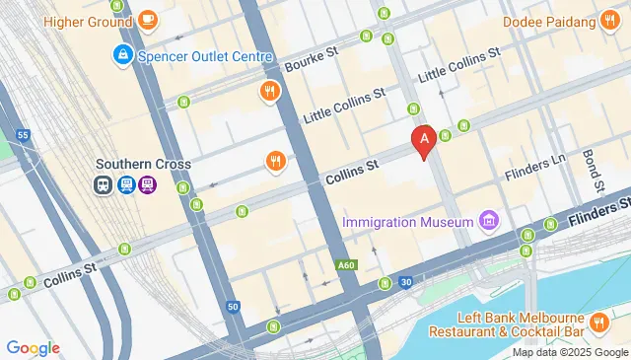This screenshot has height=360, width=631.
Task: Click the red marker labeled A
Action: pyautogui.click(x=425, y=142)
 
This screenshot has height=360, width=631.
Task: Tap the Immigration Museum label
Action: pyautogui.click(x=408, y=222)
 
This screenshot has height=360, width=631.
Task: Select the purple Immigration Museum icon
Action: pyautogui.click(x=487, y=221)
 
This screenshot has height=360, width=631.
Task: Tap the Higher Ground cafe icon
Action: pyautogui.click(x=148, y=19)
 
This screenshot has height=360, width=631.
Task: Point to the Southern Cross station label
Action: pyautogui.click(x=144, y=164)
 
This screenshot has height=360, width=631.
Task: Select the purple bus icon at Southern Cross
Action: pyautogui.click(x=147, y=183)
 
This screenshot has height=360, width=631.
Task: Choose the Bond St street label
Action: pyautogui.click(x=593, y=170)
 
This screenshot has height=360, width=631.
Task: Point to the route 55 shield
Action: pyautogui.click(x=23, y=134)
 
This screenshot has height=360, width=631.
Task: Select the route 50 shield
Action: pyautogui.click(x=233, y=308)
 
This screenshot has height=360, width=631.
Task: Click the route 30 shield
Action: pyautogui.click(x=406, y=283)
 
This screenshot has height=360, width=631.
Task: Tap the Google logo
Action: pyautogui.click(x=34, y=348)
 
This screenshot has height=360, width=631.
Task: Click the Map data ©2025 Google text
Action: pyautogui.click(x=570, y=352)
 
